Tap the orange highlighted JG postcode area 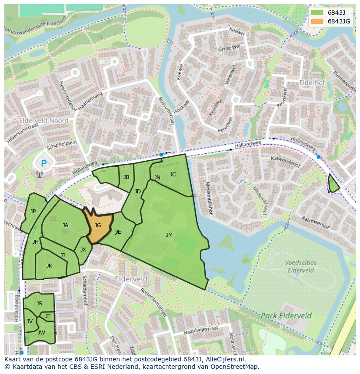pyautogui.click(x=99, y=226)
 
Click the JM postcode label pyautogui.click(x=169, y=235)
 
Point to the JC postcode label pyautogui.click(x=173, y=175)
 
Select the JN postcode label pyautogui.click(x=157, y=178)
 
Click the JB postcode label pyautogui.click(x=126, y=177)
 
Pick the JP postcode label pyautogui.click(x=33, y=212)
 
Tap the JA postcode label pyautogui.click(x=65, y=225)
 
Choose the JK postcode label pyautogui.click(x=49, y=266)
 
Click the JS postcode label pyautogui.click(x=39, y=304)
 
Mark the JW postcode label pyautogui.click(x=41, y=333)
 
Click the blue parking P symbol pyautogui.click(x=43, y=164)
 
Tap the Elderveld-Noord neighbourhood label pyautogui.click(x=43, y=120)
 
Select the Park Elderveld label pyautogui.click(x=286, y=316)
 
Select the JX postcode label pyautogui.click(x=83, y=250)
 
